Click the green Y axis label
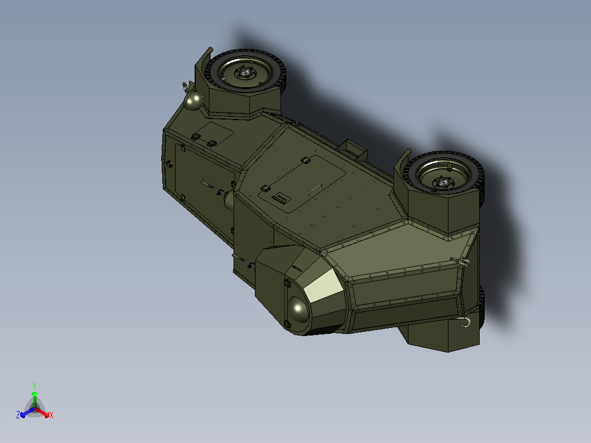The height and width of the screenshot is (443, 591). click(34, 385)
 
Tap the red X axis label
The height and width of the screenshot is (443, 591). click(52, 416)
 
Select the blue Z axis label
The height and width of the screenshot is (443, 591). click(18, 416)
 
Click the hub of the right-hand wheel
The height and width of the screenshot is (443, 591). click(442, 180)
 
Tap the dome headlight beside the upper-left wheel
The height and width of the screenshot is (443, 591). click(193, 101)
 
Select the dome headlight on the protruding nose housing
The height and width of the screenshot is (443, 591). click(298, 311)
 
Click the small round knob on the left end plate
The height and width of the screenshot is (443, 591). click(169, 163)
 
